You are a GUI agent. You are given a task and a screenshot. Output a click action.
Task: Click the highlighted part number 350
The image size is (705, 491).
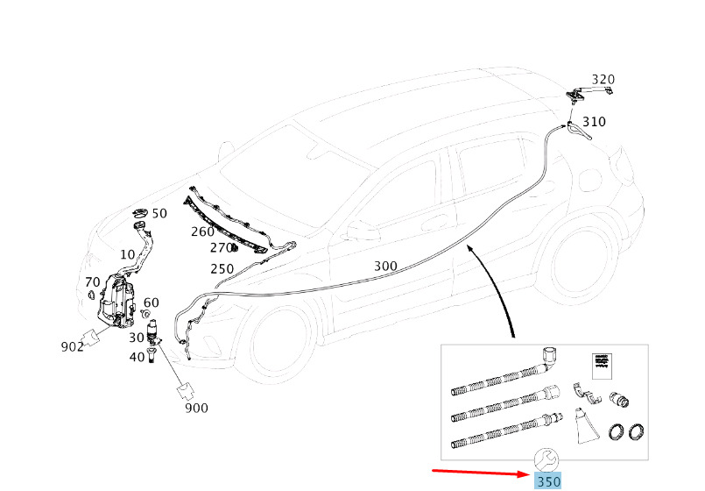[548, 481]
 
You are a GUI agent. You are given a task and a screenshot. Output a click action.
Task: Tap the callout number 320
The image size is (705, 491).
[603, 80]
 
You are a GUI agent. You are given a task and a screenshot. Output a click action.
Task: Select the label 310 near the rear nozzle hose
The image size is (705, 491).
[594, 122]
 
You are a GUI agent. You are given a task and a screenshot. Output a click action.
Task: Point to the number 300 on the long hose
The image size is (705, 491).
[385, 266]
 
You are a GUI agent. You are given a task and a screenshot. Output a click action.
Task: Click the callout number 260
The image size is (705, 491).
[202, 231]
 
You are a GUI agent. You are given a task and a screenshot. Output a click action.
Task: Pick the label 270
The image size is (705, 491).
[221, 248]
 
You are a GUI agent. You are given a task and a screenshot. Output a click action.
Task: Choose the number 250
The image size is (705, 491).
[222, 268]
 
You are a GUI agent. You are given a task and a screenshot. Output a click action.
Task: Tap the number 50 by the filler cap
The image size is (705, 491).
[159, 213]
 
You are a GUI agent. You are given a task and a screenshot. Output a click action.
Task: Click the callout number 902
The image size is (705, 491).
[73, 346]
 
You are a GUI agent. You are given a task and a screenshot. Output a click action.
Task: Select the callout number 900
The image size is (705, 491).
[196, 409]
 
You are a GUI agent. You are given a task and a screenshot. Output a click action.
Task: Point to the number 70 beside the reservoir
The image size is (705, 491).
[93, 282]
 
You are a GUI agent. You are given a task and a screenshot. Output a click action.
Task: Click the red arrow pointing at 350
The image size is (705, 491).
[482, 472]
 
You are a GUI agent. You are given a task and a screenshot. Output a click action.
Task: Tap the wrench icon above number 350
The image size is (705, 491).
[546, 460]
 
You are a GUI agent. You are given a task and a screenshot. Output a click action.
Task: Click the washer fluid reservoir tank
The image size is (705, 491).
[116, 299]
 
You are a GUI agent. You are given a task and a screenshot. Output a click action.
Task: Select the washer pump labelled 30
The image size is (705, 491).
[153, 332]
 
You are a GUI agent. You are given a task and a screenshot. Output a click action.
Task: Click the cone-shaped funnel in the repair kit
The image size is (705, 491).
[587, 426]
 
